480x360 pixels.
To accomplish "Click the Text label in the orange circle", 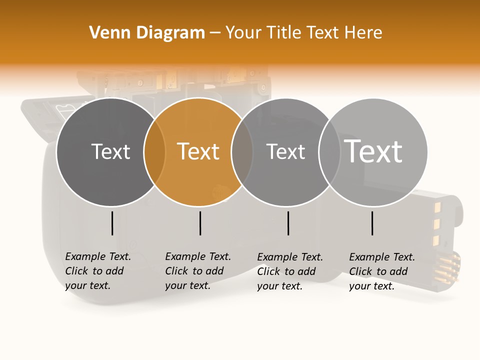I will pyautogui.click(x=198, y=151).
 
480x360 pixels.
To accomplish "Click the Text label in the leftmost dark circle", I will pyautogui.click(x=110, y=151).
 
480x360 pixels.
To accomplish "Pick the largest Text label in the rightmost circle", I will pyautogui.click(x=373, y=151).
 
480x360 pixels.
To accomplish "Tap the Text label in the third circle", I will pyautogui.click(x=285, y=151).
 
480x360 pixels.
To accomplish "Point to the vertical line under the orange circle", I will pyautogui.click(x=200, y=223).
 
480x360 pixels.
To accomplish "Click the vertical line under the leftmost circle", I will pyautogui.click(x=112, y=223).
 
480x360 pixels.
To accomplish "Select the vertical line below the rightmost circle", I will pyautogui.click(x=372, y=223).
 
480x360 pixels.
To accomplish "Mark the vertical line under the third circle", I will pyautogui.click(x=288, y=223).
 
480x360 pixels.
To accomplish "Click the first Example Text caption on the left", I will pyautogui.click(x=98, y=271).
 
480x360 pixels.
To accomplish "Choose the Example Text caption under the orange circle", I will pyautogui.click(x=198, y=271).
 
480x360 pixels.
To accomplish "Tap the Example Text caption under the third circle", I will pyautogui.click(x=290, y=271).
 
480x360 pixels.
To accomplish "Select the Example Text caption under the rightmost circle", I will pyautogui.click(x=382, y=271).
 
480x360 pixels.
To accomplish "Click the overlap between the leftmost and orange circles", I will pyautogui.click(x=154, y=152).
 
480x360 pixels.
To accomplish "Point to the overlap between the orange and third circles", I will pyautogui.click(x=242, y=152).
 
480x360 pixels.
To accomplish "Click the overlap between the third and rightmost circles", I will pyautogui.click(x=329, y=152).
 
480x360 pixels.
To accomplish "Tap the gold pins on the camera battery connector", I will pyautogui.click(x=448, y=267).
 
